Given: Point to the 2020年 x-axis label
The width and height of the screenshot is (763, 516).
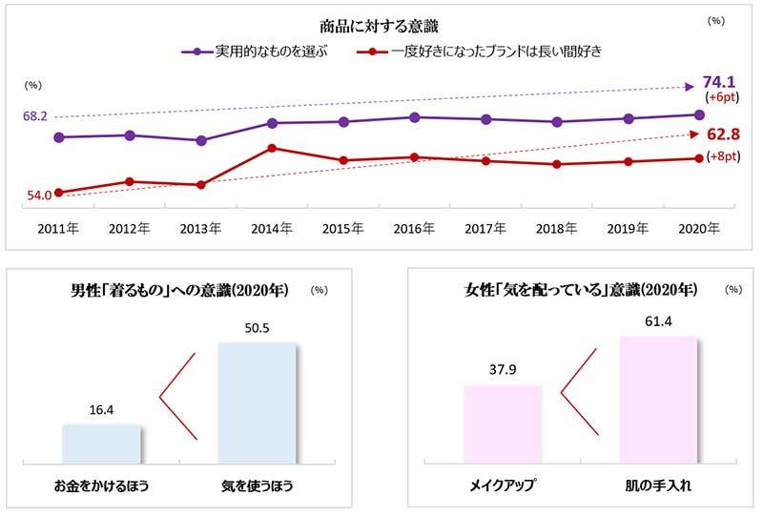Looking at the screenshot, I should click(698, 229).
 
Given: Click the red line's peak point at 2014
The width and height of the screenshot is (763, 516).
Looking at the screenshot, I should click(272, 148).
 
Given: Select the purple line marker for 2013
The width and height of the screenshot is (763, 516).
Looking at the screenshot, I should click(200, 140).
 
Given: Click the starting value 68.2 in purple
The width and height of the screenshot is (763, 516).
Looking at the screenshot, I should click(35, 115).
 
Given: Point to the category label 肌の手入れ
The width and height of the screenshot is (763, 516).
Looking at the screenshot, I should click(657, 485).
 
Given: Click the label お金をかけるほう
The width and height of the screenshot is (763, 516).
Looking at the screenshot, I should click(101, 486).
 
